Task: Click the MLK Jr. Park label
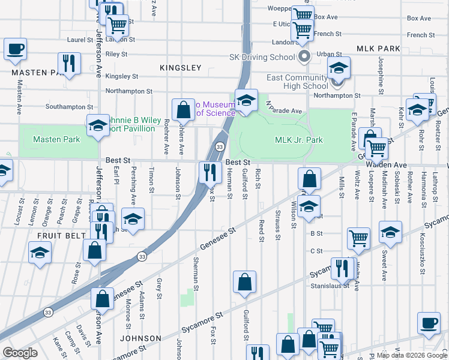coord(299,140)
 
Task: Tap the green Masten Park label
coord(49,139)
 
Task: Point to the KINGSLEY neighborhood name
coord(181,68)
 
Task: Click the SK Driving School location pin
coord(304,58)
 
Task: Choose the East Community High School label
coord(298,82)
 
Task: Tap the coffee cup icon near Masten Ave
coord(15,49)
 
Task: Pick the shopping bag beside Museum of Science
coord(183,109)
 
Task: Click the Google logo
coord(20,353)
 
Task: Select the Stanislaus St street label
coord(330,286)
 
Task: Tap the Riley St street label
coord(116,54)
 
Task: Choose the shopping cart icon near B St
coord(358,237)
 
